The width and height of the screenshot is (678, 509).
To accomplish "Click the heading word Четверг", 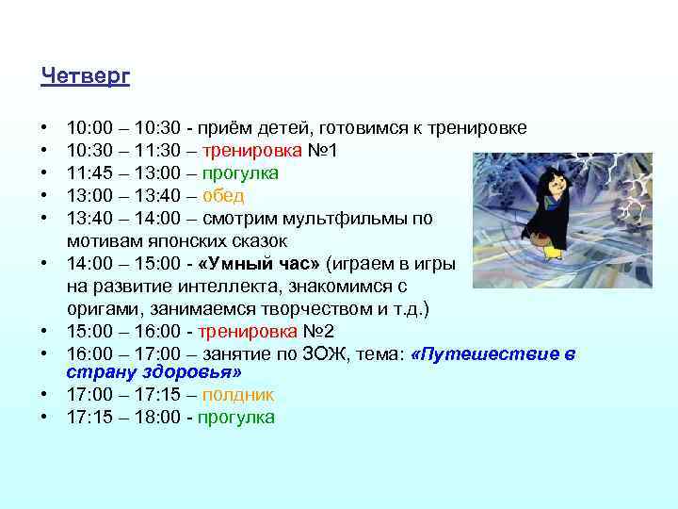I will (85, 76).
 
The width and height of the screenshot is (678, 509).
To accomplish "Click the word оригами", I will (103, 309).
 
